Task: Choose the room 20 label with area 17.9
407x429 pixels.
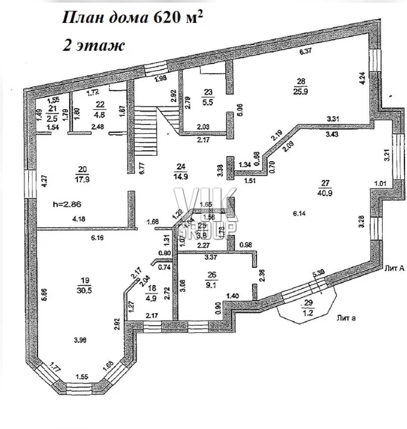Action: point(82,174)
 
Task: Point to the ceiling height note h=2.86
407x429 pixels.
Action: point(68,204)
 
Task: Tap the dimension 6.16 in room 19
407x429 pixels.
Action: point(97,238)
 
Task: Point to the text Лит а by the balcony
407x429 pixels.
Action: point(346,318)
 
